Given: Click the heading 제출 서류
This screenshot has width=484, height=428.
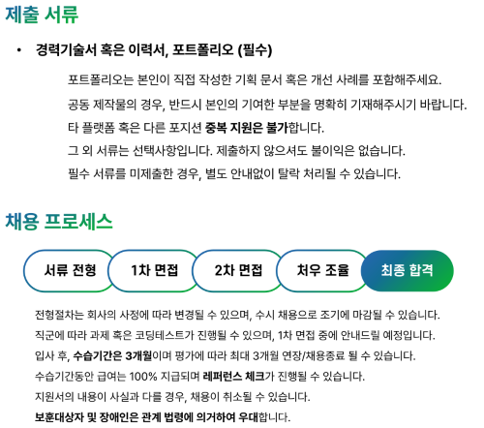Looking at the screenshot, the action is [42, 15].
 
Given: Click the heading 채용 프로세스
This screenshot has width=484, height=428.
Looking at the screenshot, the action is [59, 222].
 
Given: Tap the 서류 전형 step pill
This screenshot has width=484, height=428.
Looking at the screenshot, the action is [70, 270].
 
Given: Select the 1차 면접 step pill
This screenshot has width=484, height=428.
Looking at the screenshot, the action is [154, 270].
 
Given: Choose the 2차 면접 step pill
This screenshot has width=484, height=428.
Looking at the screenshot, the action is [238, 270].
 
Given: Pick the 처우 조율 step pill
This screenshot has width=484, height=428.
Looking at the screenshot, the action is [322, 270].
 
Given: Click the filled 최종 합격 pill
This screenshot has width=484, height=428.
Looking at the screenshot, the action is [408, 270].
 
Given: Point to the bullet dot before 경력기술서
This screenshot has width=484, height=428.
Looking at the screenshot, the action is [19, 50].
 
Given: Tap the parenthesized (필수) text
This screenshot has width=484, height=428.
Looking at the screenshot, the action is [255, 50].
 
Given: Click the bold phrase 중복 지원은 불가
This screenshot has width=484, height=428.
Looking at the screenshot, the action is [246, 128].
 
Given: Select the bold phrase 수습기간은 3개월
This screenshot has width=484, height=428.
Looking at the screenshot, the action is [112, 355].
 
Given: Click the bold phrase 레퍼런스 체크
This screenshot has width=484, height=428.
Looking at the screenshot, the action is [233, 376].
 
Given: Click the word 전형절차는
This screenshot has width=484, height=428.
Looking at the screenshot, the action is [59, 315].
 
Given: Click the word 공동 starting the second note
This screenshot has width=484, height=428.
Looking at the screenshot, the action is [78, 105].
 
